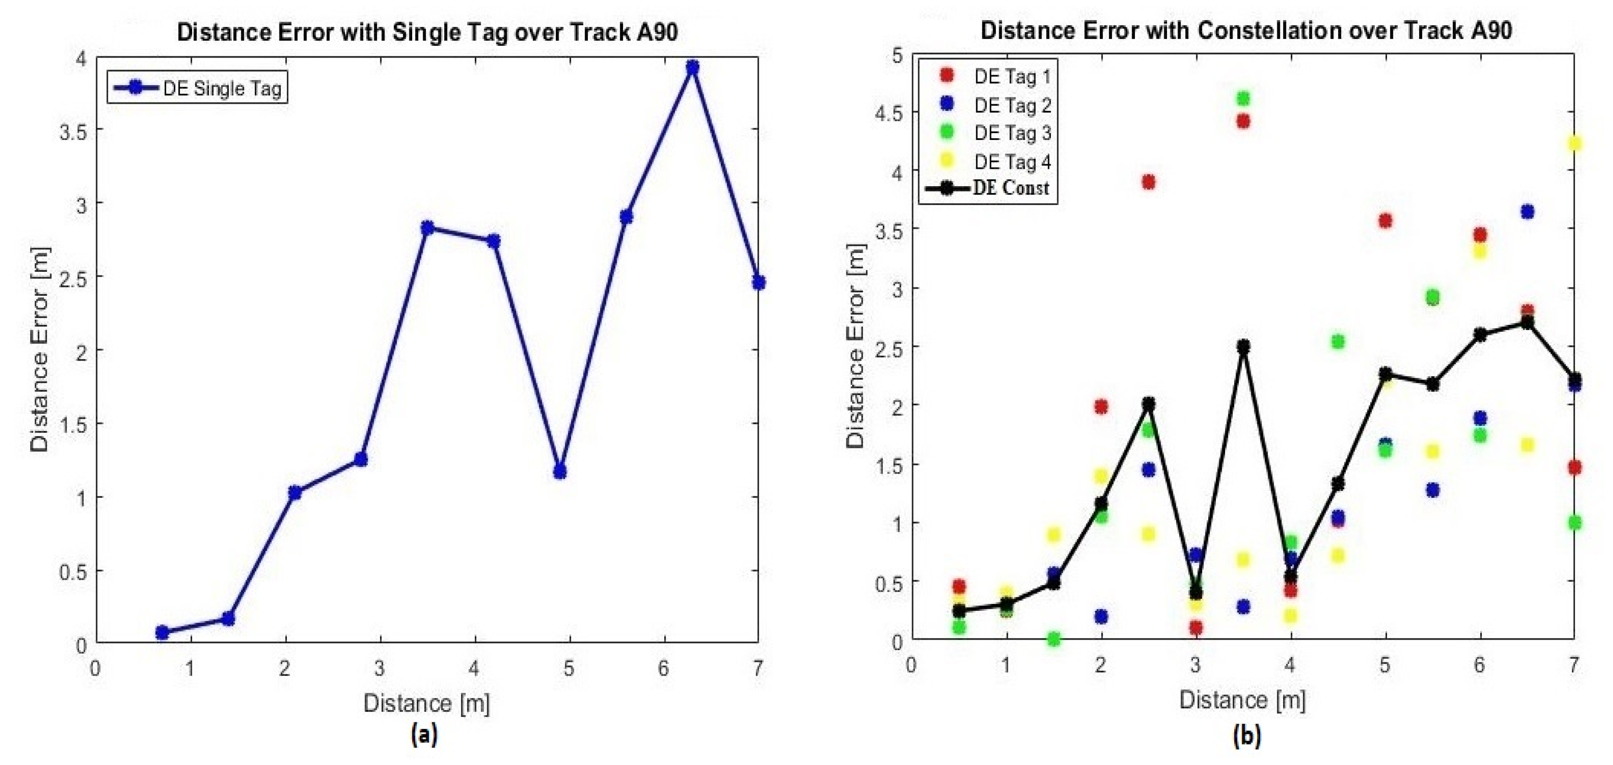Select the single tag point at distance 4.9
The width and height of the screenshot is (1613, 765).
tap(560, 471)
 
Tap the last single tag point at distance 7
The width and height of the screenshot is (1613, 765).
tap(758, 283)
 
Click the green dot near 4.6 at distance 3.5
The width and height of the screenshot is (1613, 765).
tap(1243, 98)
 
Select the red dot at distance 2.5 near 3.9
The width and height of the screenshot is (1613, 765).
tap(1148, 182)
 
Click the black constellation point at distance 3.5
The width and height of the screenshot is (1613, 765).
tap(1243, 346)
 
